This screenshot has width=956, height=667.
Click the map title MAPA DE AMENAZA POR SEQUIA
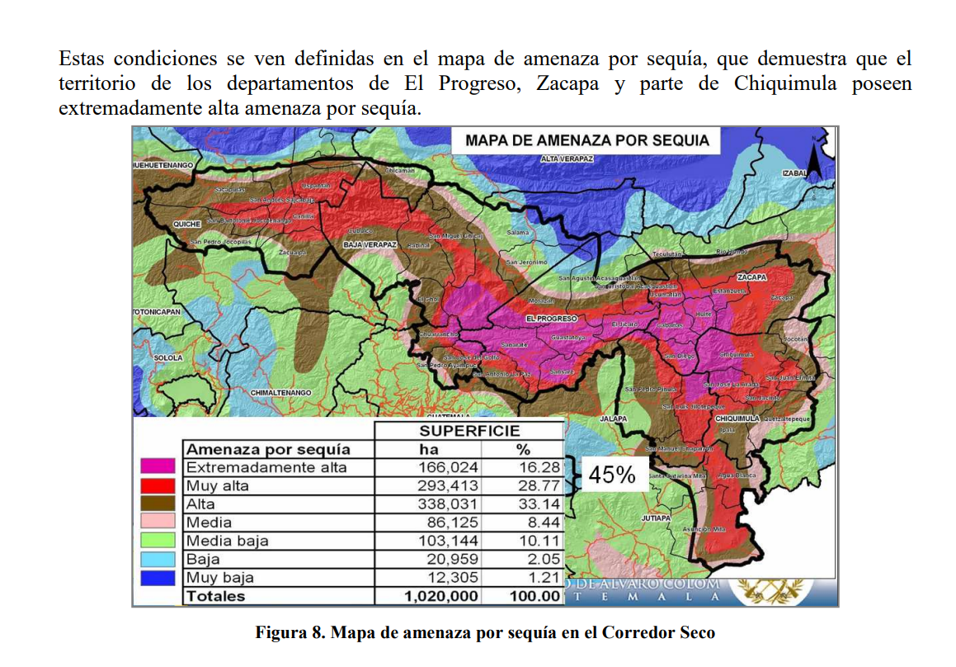pyautogui.click(x=586, y=140)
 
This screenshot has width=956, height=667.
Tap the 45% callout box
pyautogui.click(x=611, y=475)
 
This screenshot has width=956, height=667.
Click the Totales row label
pyautogui.click(x=216, y=596)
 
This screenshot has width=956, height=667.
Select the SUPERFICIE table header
pyautogui.click(x=469, y=431)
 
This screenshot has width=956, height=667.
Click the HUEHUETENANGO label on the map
pyautogui.click(x=162, y=166)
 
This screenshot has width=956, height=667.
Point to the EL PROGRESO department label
pyautogui.click(x=551, y=318)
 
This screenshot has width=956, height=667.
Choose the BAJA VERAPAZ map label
pyautogui.click(x=370, y=245)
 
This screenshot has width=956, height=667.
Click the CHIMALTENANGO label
pyautogui.click(x=280, y=392)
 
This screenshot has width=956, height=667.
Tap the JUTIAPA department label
pyautogui.click(x=657, y=518)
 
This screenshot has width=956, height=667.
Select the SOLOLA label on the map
pyautogui.click(x=168, y=357)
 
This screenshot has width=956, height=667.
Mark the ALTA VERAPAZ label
pyautogui.click(x=567, y=158)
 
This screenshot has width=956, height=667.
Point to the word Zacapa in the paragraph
pyautogui.click(x=567, y=84)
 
